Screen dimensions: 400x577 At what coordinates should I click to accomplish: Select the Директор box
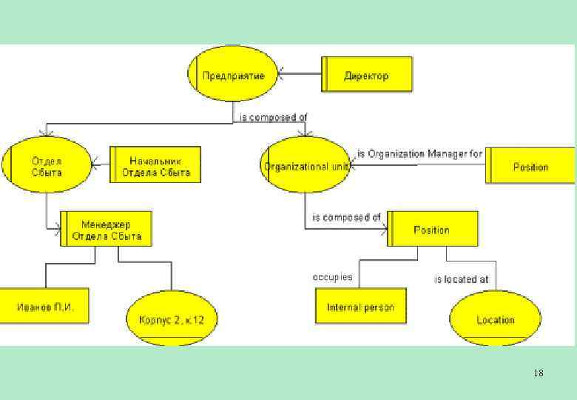[367, 75]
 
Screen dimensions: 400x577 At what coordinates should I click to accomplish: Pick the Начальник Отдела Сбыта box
[155, 165]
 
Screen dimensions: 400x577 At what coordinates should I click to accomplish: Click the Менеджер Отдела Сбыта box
[107, 230]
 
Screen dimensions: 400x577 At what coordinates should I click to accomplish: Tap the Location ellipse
[495, 319]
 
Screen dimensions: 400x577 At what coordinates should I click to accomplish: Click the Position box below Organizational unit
[432, 230]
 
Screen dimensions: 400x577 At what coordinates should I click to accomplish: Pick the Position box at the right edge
[531, 167]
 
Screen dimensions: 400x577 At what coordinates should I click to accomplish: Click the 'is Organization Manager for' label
[419, 154]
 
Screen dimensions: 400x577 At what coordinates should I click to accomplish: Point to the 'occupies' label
[333, 277]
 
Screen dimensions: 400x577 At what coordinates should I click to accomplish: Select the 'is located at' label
[461, 279]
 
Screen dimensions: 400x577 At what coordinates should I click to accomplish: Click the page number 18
[538, 373]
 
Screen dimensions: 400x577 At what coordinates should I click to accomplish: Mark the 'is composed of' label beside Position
[346, 218]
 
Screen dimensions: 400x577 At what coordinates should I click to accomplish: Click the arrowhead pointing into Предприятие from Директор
[281, 73]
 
